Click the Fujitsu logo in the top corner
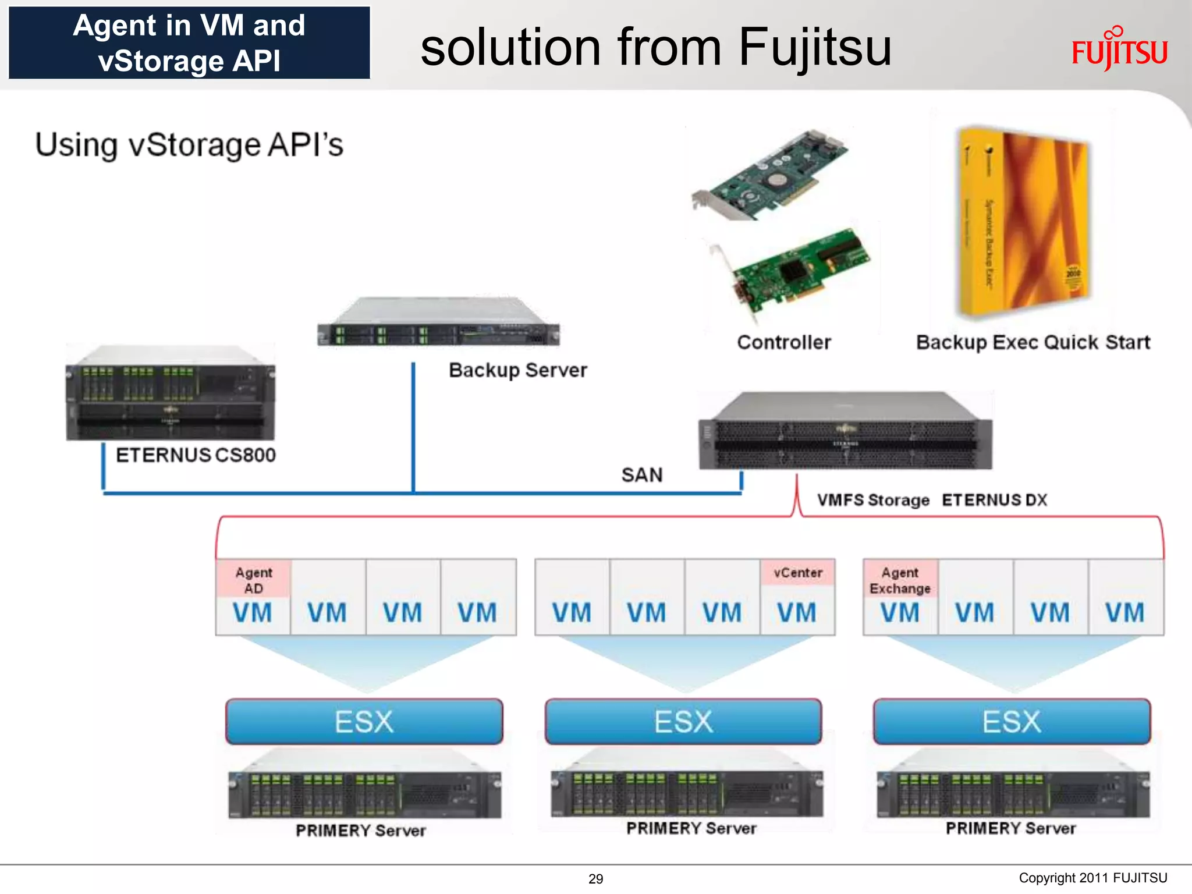pos(1119,51)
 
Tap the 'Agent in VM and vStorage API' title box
pos(189,43)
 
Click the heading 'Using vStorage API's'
pos(189,144)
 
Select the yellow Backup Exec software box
pos(1023,221)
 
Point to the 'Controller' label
pos(783,342)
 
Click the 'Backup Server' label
pos(517,370)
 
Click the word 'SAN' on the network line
pos(641,475)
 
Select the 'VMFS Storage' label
pos(872,500)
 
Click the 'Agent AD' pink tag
pos(253,580)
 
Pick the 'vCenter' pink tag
pos(797,573)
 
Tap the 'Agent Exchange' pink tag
pos(900,580)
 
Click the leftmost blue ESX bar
pos(364,722)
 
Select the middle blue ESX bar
pos(683,722)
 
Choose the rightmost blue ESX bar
pos(1012,722)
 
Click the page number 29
pos(595,879)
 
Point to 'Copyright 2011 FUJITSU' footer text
pos(1092,878)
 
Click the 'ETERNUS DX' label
pos(994,500)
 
